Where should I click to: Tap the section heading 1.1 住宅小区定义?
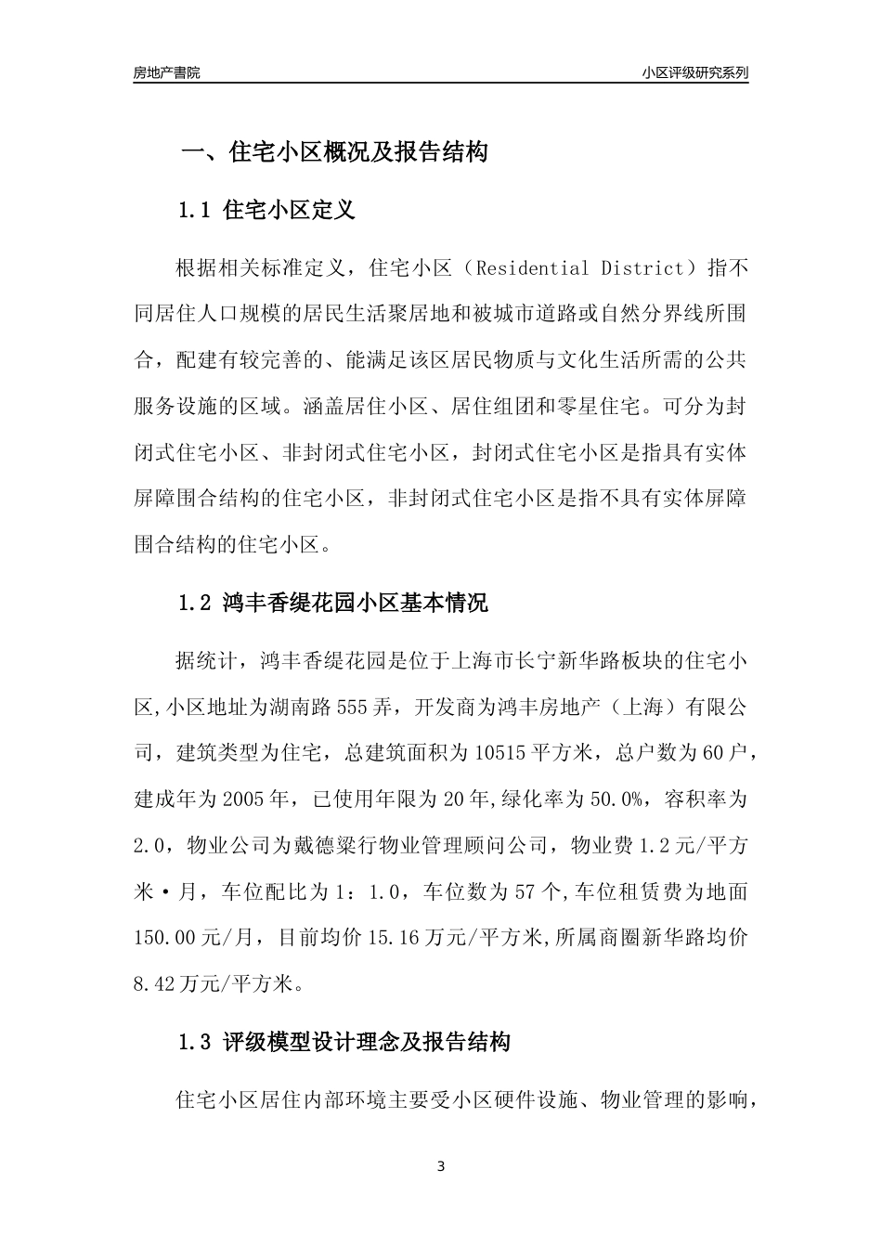pyautogui.click(x=266, y=211)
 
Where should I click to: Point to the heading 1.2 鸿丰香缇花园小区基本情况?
pyautogui.click(x=332, y=604)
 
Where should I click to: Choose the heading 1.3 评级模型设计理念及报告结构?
pyautogui.click(x=344, y=1043)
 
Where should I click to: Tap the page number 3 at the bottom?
pyautogui.click(x=441, y=1166)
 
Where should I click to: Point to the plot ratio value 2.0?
pyautogui.click(x=149, y=845)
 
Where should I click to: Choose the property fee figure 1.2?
pyautogui.click(x=647, y=845)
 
